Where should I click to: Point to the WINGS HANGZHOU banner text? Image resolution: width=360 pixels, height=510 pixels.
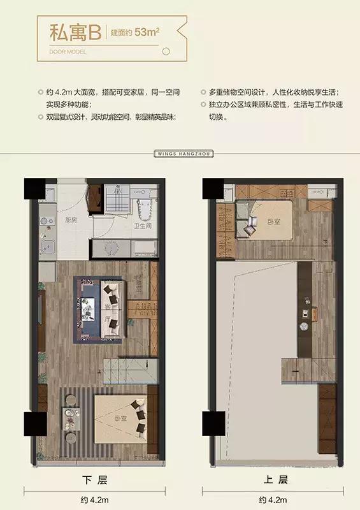click(x=180, y=154)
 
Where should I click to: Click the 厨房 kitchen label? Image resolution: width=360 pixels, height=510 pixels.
click(x=71, y=220)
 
